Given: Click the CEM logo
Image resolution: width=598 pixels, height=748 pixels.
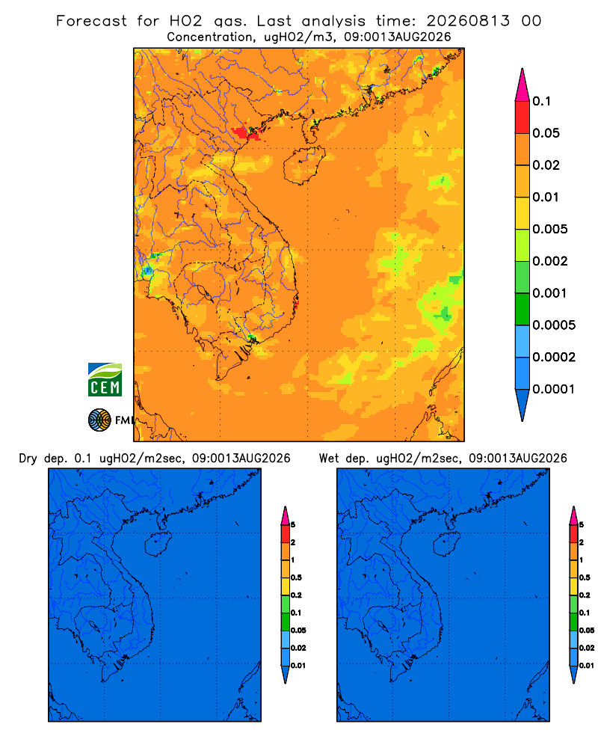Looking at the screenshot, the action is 105,379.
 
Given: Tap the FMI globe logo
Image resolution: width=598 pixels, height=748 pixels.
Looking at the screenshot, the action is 99,420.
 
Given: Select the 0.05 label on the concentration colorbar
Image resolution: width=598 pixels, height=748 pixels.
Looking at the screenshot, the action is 546,133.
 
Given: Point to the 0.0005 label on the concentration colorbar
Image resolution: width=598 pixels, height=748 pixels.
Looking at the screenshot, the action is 554,325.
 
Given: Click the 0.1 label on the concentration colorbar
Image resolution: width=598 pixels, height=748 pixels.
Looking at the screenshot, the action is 542,101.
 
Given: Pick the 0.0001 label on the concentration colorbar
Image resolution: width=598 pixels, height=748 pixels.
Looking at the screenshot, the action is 554,389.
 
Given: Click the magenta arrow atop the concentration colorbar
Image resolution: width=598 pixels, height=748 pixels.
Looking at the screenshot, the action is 523,85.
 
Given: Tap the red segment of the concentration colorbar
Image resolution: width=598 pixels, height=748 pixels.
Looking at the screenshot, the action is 523,117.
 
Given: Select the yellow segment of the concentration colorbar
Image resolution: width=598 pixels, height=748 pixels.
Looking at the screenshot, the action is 523,213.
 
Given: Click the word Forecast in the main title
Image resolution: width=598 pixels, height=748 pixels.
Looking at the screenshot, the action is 91,21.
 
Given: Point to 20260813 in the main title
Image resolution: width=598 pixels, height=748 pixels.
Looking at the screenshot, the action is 468,21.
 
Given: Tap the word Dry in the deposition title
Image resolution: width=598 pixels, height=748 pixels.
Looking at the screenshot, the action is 28,459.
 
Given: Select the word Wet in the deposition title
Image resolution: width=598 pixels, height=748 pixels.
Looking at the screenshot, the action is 328,459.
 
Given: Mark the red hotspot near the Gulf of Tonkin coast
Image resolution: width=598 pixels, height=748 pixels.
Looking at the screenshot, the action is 246,132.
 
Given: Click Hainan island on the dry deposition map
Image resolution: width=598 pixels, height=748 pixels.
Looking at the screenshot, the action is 158,545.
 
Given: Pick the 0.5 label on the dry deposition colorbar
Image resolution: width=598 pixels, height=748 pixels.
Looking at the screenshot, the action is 296,577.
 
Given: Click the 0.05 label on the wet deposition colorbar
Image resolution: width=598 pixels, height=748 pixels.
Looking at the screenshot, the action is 587,631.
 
